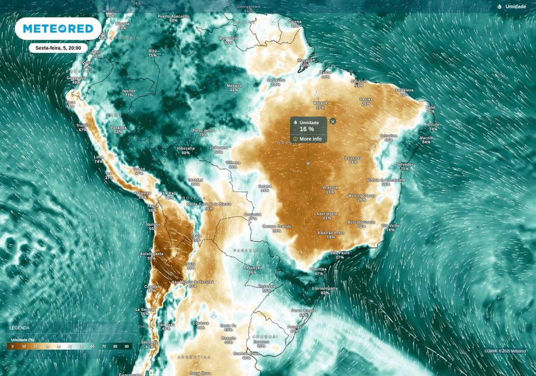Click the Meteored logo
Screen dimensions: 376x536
click(x=58, y=28)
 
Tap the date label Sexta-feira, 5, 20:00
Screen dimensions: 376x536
click(x=58, y=48)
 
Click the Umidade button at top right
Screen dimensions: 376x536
click(x=512, y=7)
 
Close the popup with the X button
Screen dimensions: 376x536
click(x=332, y=121)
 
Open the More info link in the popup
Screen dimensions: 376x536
click(x=310, y=139)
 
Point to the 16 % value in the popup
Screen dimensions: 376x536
click(x=307, y=129)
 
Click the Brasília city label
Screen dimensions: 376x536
click(x=330, y=188)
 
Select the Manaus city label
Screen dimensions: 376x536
click(x=234, y=86)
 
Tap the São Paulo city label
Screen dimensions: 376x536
click(x=340, y=253)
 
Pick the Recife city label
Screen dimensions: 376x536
click(x=433, y=125)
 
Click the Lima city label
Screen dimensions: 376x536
click(x=99, y=157)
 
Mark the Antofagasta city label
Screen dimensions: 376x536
click(x=151, y=254)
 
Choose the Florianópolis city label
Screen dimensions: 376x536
click(x=325, y=289)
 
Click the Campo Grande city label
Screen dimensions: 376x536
click(x=276, y=227)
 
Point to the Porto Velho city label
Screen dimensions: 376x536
click(x=203, y=131)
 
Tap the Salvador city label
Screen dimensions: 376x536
click(x=404, y=164)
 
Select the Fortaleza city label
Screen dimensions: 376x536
click(x=404, y=90)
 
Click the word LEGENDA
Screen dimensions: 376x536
click(x=19, y=328)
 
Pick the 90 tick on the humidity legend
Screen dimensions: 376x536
click(x=127, y=347)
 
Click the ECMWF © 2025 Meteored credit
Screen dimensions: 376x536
click(x=505, y=351)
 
